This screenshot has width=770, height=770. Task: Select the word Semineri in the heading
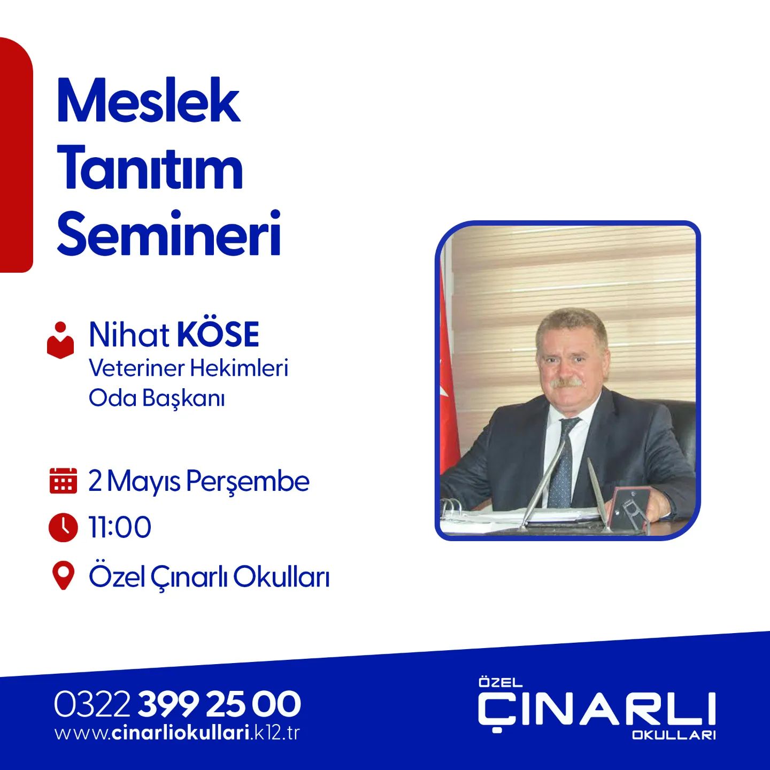coord(169,234)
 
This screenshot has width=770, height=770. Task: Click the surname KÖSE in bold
coord(218,335)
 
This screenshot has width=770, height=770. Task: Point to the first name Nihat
coord(129,335)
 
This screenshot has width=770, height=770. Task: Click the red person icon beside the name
coord(60,340)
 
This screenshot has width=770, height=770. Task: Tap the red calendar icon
coord(63,480)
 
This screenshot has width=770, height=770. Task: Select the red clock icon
coord(63,527)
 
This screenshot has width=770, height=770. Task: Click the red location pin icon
coord(63,576)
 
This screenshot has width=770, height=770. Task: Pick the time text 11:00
coord(120,527)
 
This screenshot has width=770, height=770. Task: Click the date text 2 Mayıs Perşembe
coord(199,481)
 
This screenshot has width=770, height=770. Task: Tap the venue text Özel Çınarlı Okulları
coord(209,576)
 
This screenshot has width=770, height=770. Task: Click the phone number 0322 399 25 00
coord(177,704)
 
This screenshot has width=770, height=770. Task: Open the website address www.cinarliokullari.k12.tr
coord(177,733)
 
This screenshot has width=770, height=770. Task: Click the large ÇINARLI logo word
coord(596,710)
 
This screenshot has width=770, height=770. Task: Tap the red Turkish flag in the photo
coord(448,385)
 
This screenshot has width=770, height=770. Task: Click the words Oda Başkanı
coord(157,398)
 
